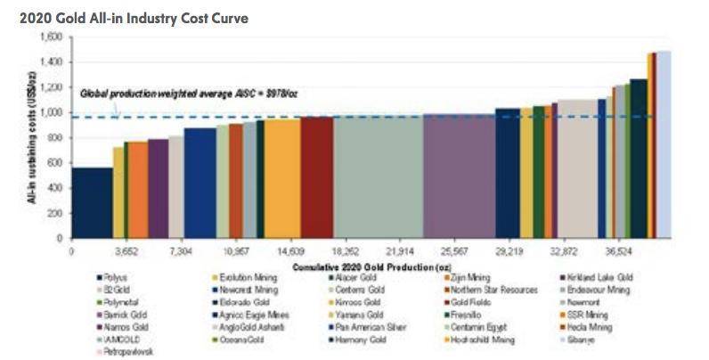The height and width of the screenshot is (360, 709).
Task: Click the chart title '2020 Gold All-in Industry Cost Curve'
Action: (127, 18)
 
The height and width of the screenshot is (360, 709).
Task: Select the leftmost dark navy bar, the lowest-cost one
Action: (92, 203)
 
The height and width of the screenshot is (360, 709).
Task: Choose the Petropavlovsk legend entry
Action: (119, 351)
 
